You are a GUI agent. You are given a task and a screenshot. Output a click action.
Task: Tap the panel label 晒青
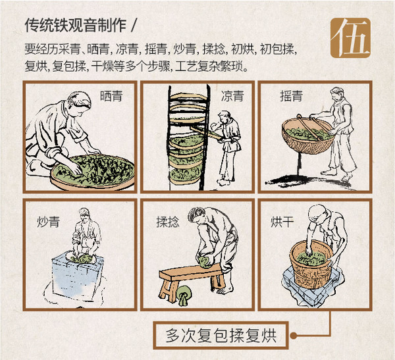click(111, 96)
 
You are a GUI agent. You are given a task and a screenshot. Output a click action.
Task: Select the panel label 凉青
click(232, 95)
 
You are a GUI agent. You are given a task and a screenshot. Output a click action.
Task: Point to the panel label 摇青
click(290, 95)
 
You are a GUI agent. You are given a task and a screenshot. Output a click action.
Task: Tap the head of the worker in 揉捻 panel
click(196, 215)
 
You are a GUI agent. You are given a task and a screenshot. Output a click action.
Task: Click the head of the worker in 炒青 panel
click(84, 215)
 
